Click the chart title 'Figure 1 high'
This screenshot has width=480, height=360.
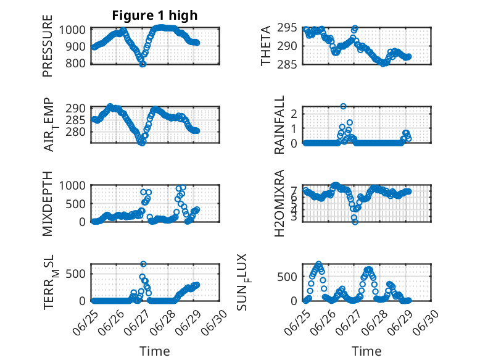(x=155, y=15)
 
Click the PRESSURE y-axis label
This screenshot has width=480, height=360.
(x=48, y=46)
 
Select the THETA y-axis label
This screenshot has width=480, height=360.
(x=266, y=46)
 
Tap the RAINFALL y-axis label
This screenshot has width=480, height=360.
(x=279, y=125)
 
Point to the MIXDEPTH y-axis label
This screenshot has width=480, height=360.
(x=48, y=204)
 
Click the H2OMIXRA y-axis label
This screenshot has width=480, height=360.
(x=279, y=203)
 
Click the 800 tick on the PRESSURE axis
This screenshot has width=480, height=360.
(x=76, y=64)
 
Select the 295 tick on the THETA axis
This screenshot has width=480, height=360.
(x=287, y=28)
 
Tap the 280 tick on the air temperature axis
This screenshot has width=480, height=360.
(x=76, y=132)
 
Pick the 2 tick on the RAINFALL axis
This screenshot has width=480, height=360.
(x=294, y=114)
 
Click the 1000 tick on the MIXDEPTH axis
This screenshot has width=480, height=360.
(x=72, y=186)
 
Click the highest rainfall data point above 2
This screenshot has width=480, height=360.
(x=343, y=106)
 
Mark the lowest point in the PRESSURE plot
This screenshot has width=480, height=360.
(x=143, y=64)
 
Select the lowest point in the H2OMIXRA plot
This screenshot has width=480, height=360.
(x=355, y=222)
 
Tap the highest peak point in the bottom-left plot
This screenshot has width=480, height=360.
(x=143, y=264)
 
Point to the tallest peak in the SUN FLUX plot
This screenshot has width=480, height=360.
(x=319, y=264)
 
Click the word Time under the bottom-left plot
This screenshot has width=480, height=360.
(x=155, y=351)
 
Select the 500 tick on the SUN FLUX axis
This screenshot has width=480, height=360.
(x=287, y=277)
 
